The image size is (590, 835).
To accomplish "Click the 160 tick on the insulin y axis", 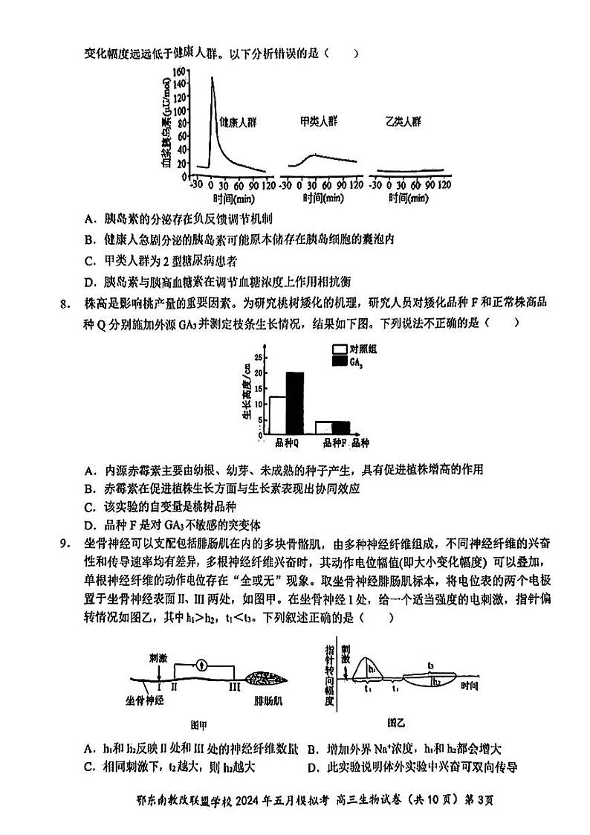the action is pyautogui.click(x=181, y=71).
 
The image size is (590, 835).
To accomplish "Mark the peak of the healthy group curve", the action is pyautogui.click(x=212, y=77).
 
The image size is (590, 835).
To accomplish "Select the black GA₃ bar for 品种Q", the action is pyautogui.click(x=295, y=402).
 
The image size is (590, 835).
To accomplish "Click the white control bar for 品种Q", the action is pyautogui.click(x=278, y=414).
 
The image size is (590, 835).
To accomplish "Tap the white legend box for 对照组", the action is pyautogui.click(x=340, y=349).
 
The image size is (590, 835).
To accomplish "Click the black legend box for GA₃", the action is pyautogui.click(x=340, y=361).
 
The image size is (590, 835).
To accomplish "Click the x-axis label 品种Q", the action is pyautogui.click(x=286, y=443).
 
